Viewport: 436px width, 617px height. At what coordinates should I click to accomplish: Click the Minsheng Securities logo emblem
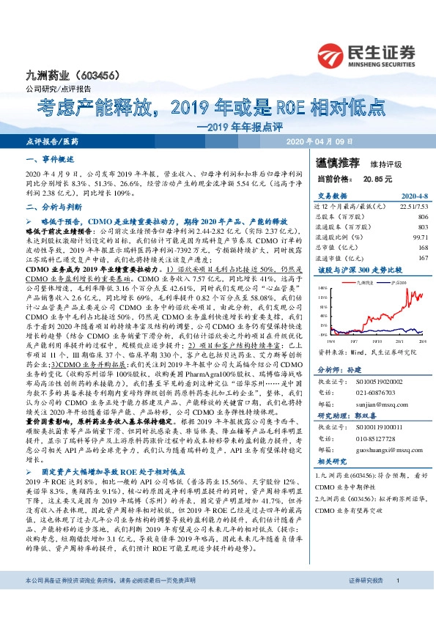333,53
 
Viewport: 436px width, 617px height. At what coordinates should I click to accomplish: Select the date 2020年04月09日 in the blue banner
319,141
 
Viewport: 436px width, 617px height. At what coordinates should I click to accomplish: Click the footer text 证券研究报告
363,601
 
